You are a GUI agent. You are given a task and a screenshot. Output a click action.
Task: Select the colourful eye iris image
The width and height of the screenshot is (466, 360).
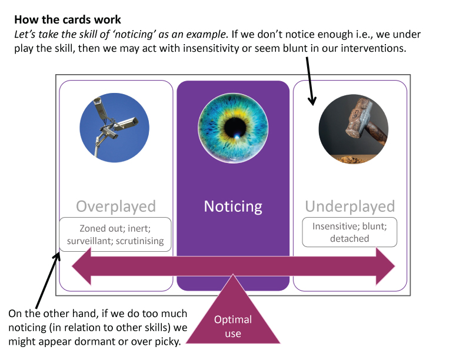tap(233, 128)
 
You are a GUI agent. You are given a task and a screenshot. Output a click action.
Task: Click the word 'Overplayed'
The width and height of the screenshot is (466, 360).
tap(115, 206)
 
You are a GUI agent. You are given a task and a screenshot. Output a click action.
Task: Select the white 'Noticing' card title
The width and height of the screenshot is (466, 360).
tap(233, 206)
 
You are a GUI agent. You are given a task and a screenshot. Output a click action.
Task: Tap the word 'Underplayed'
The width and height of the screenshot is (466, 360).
tap(349, 206)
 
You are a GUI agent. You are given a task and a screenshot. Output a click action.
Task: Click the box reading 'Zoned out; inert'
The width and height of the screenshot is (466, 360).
tap(115, 234)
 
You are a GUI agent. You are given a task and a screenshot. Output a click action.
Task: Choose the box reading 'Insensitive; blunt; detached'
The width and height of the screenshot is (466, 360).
tap(349, 232)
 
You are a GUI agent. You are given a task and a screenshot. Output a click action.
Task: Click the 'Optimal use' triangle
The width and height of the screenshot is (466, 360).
tap(233, 321)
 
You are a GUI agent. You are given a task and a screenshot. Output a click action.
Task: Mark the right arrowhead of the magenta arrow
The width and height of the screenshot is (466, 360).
tap(386, 266)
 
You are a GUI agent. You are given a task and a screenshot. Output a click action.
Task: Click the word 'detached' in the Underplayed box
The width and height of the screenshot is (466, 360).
tap(349, 238)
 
